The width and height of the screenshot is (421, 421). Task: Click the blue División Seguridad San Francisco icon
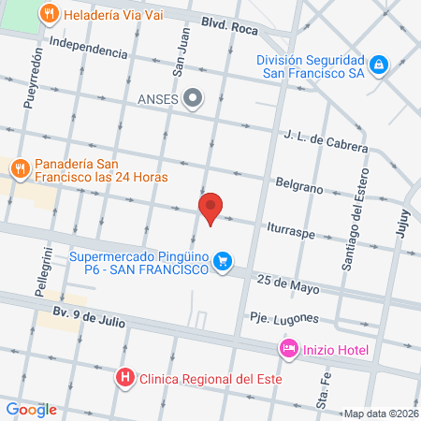(x=378, y=65)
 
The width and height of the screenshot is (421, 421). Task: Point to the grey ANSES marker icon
(x=194, y=97)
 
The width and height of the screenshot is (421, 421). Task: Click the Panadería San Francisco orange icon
(x=20, y=168)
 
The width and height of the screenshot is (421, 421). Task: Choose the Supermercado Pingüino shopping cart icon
(x=223, y=261)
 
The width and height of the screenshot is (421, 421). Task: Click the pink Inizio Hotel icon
(x=289, y=349)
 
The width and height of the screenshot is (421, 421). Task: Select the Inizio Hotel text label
(x=335, y=350)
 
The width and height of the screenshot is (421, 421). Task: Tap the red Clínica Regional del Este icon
(x=123, y=378)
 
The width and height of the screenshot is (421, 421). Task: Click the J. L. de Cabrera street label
(x=326, y=140)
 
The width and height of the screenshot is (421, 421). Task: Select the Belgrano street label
(x=298, y=186)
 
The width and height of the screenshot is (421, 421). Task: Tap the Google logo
(x=31, y=408)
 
